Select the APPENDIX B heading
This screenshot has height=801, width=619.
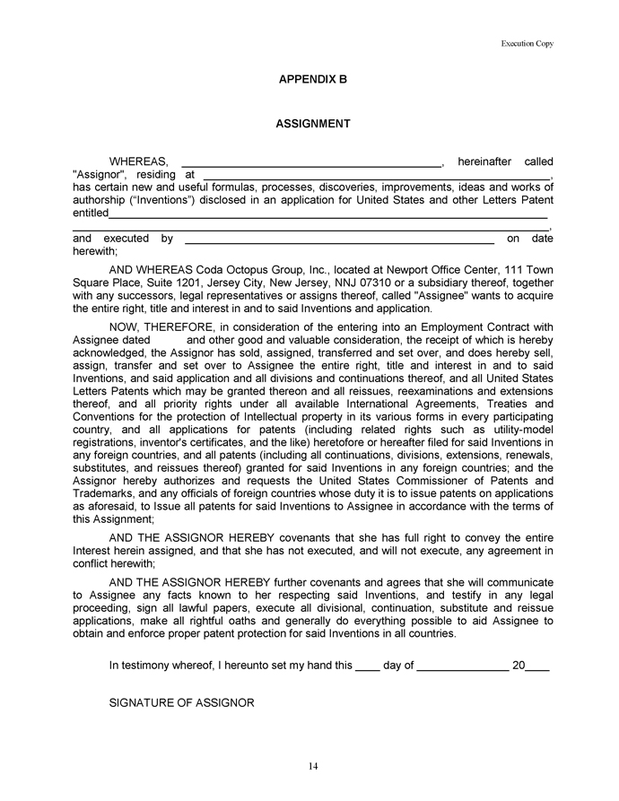point(312,80)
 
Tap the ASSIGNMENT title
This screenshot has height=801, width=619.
point(312,124)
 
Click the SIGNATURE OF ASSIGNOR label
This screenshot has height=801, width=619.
point(182,702)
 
